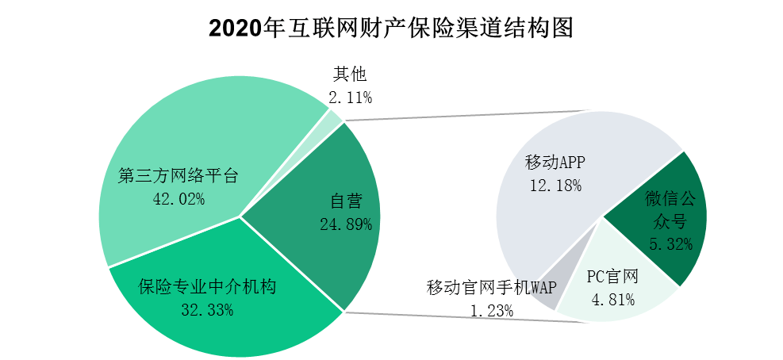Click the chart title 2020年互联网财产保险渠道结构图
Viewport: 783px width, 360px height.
pyautogui.click(x=390, y=29)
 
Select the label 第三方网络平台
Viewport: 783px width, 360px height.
pyautogui.click(x=178, y=176)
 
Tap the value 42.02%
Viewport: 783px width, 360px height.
pyautogui.click(x=178, y=198)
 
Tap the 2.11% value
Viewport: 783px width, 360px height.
pyautogui.click(x=350, y=98)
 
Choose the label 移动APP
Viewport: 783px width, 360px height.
pyautogui.click(x=555, y=163)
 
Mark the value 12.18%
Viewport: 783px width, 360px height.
pyautogui.click(x=555, y=186)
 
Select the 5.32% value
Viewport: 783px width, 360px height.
pyautogui.click(x=670, y=244)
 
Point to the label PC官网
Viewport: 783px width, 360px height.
pyautogui.click(x=612, y=277)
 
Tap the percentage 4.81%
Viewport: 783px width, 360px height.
pyautogui.click(x=613, y=300)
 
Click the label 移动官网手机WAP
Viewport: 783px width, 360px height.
pyautogui.click(x=492, y=287)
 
